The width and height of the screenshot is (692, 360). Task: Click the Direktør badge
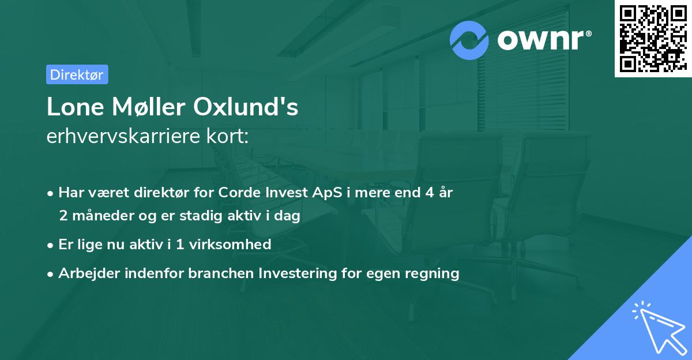[77, 74]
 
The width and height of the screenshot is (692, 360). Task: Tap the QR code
[653, 39]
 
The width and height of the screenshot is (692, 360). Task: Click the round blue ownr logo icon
[469, 40]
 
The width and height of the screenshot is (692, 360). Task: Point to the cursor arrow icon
[657, 326]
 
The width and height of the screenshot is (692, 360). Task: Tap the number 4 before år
[429, 193]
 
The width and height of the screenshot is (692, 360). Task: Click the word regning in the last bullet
[433, 273]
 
